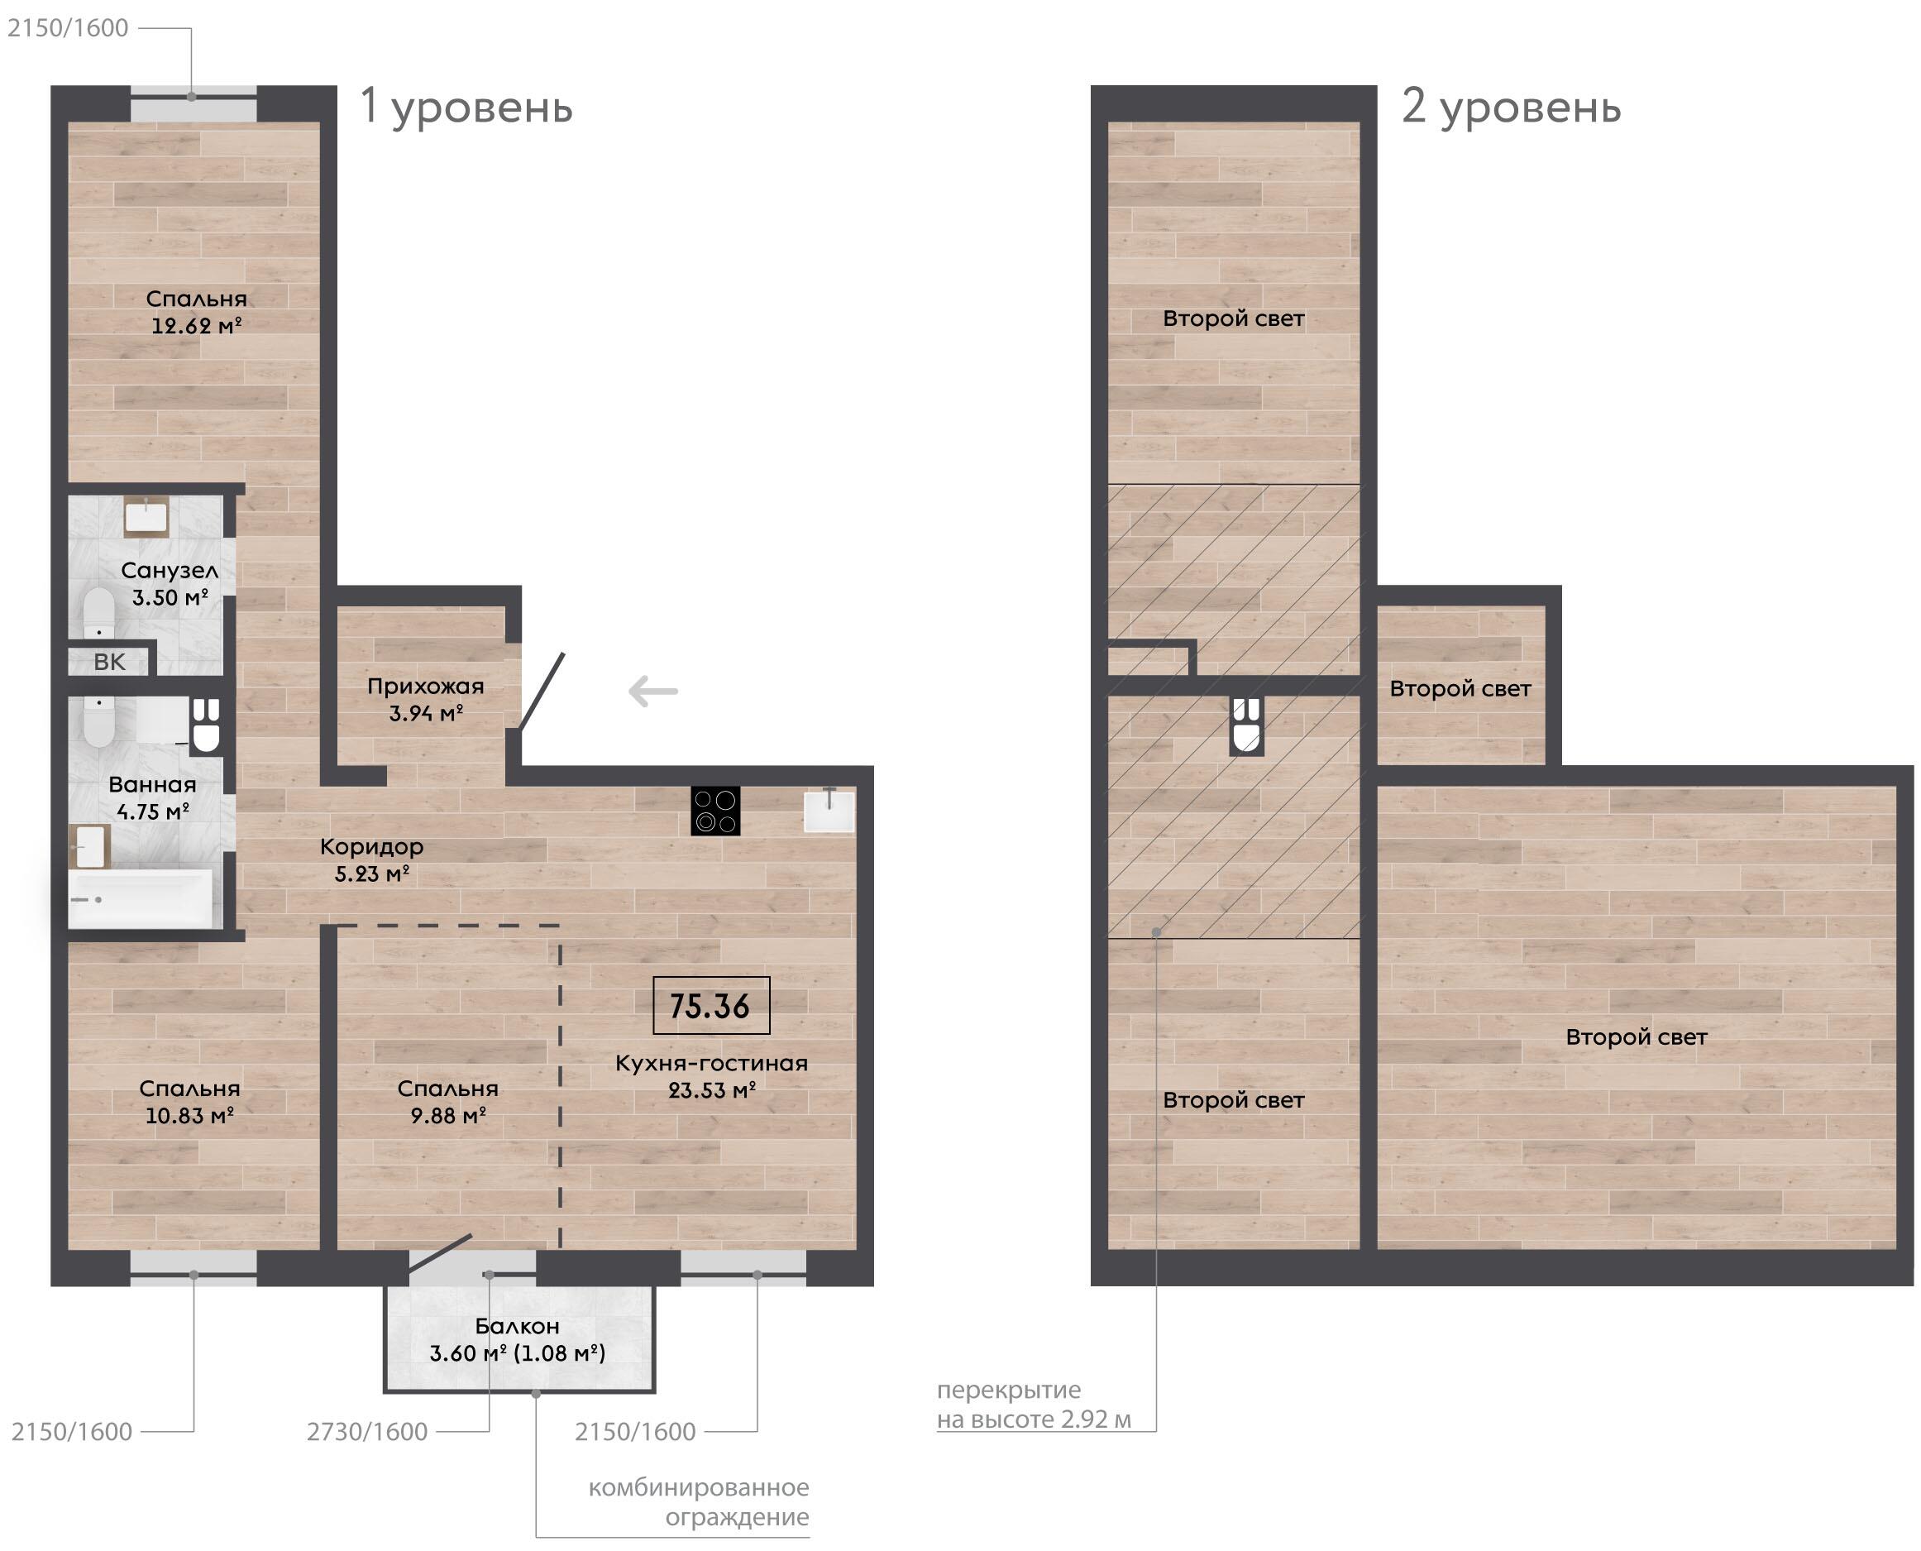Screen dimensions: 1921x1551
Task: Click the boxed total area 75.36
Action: click(711, 1006)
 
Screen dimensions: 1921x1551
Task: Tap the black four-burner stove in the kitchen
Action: click(715, 811)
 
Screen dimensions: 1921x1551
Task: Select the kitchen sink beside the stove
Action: click(829, 811)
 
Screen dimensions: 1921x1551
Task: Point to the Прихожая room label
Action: click(426, 686)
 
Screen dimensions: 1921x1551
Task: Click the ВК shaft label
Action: click(110, 662)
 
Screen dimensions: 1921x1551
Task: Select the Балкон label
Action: click(517, 1326)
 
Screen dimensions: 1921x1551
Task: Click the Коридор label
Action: click(371, 847)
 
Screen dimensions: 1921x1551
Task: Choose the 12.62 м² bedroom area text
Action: click(197, 326)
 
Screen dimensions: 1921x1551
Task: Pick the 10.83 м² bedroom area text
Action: click(189, 1115)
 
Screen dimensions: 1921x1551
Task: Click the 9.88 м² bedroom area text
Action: click(448, 1115)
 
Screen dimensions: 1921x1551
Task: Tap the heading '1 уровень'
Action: click(466, 107)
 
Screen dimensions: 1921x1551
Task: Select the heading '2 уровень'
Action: click(1511, 107)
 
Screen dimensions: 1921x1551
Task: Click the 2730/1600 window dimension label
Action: click(367, 1431)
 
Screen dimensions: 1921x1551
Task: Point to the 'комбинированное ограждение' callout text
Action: click(699, 1502)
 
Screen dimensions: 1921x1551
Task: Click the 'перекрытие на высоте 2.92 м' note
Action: click(1035, 1405)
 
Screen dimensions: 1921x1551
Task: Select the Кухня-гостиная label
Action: click(712, 1063)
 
